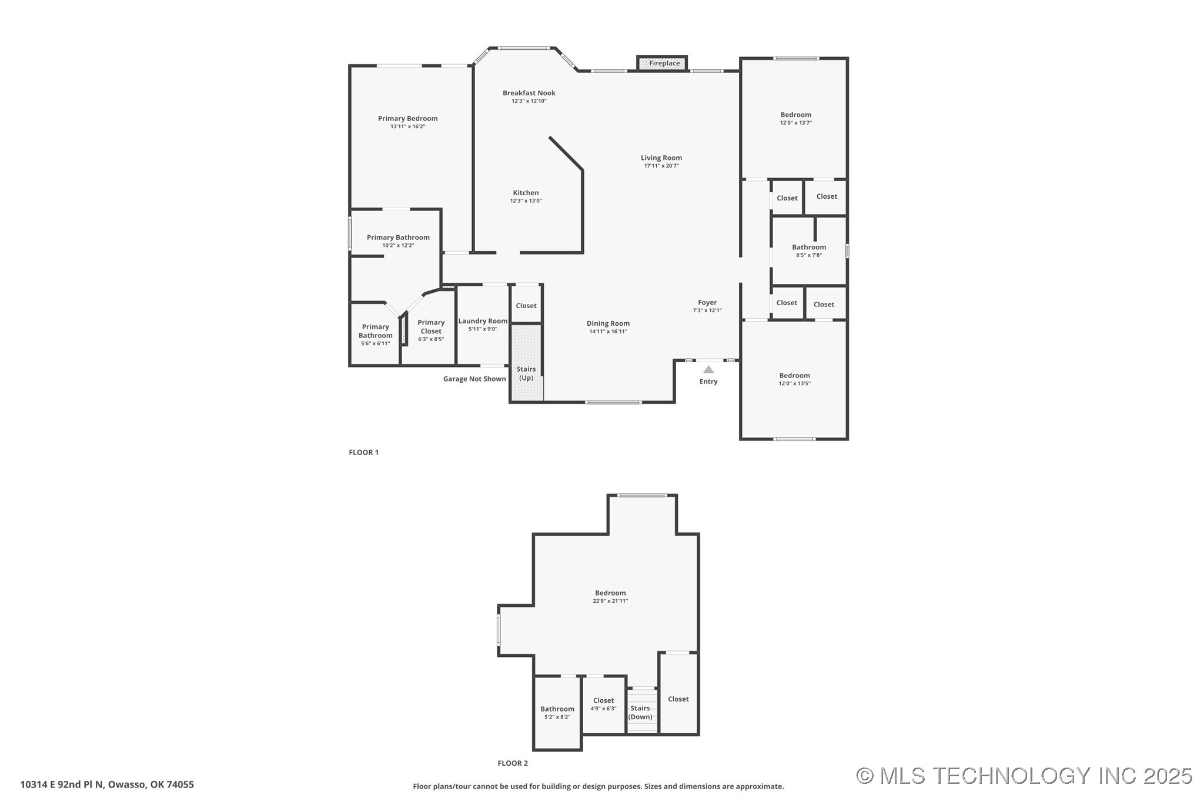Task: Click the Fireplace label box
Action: click(x=662, y=64)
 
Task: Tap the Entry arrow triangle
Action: click(x=708, y=369)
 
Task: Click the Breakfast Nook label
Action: click(x=529, y=93)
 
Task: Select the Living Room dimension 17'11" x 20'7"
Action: click(x=661, y=166)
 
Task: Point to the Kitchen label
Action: click(x=526, y=193)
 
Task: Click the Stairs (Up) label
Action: click(x=526, y=373)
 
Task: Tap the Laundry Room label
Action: click(x=483, y=321)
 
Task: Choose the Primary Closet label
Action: click(x=431, y=326)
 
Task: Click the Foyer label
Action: click(x=707, y=302)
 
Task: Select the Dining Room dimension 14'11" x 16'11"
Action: click(x=608, y=332)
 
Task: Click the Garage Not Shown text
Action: click(x=474, y=379)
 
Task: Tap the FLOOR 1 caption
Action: click(x=364, y=452)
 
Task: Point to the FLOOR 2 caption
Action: click(x=513, y=763)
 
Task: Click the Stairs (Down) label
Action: click(x=640, y=713)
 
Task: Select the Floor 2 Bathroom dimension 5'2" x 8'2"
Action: click(x=557, y=717)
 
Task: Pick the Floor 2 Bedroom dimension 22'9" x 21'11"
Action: click(x=610, y=601)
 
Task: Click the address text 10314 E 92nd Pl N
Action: click(x=62, y=784)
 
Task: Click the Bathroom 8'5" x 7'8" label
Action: click(x=809, y=251)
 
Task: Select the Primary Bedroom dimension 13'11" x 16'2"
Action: click(x=408, y=126)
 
